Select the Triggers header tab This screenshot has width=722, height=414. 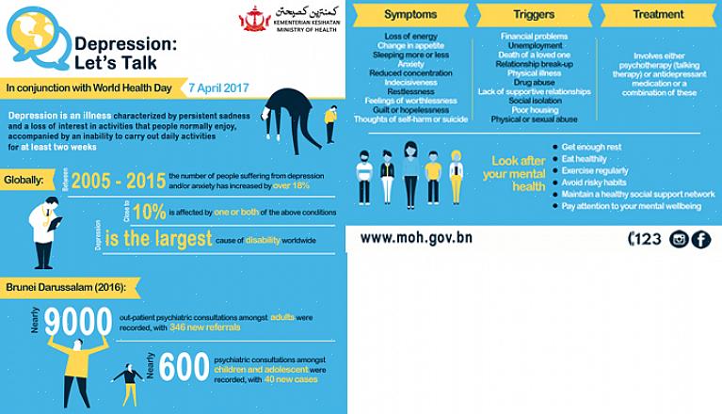click(534, 15)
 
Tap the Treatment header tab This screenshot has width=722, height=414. click(658, 15)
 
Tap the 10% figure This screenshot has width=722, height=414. click(149, 212)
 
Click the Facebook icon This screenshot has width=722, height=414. click(701, 239)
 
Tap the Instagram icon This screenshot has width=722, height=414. click(679, 239)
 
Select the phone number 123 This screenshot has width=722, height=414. click(645, 239)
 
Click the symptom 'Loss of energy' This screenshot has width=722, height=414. click(411, 36)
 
